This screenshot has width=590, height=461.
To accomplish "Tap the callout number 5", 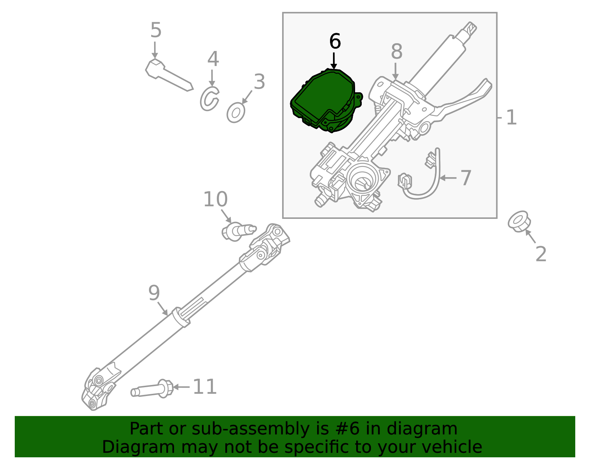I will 156,30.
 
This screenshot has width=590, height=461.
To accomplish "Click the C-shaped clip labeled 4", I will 209,99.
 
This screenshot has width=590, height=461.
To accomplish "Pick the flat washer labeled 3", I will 236,113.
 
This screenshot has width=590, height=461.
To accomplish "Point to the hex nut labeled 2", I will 519,221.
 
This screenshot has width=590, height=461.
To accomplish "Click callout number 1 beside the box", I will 511,118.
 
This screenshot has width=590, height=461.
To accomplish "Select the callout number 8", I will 396,52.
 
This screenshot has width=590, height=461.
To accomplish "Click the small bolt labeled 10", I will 236,231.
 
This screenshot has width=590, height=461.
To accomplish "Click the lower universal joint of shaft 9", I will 98,389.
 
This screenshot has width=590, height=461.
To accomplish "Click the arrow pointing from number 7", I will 448,178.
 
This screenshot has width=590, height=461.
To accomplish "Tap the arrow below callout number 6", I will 334,61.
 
